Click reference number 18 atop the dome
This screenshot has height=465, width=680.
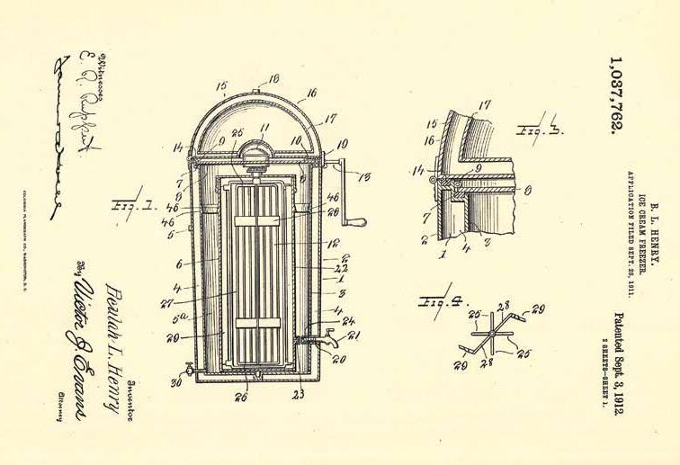point(249,79)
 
